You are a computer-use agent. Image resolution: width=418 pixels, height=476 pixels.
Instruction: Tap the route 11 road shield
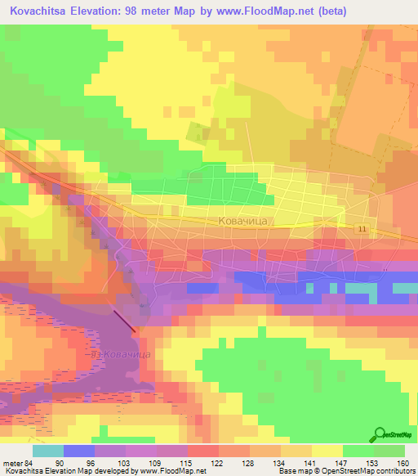pos(360,230)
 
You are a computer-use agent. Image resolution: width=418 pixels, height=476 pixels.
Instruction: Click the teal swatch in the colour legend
pos(48,451)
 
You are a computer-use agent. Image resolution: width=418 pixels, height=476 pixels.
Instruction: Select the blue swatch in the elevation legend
pos(79,451)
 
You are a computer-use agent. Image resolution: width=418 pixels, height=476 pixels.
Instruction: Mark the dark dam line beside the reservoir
pos(125,321)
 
